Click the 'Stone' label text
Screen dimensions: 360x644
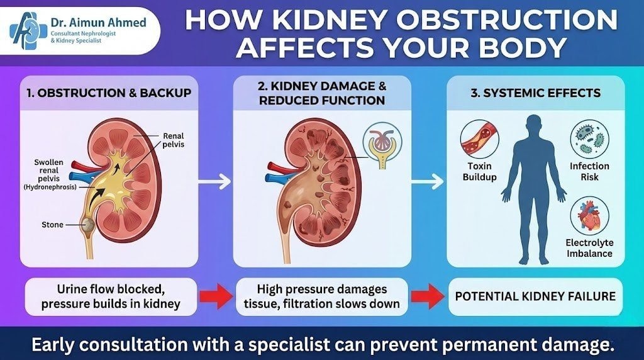pos(52,225)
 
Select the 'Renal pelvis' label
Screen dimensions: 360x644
pos(174,140)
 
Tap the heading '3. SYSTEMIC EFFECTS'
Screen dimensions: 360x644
pos(536,93)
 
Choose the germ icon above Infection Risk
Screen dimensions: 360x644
pos(589,140)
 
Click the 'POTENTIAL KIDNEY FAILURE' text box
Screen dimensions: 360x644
pos(536,296)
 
